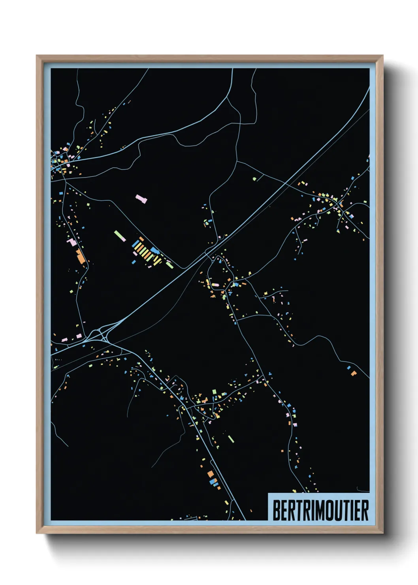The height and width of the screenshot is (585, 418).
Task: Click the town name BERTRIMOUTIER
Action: tap(320, 510)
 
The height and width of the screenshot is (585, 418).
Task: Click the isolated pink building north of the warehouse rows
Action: tap(141, 198)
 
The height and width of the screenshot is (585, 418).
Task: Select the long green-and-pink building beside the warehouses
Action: tap(120, 236)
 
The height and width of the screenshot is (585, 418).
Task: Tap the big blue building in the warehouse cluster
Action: tap(154, 251)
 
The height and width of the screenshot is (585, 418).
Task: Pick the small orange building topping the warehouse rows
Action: tap(141, 239)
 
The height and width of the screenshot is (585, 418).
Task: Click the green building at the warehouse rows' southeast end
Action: tap(169, 265)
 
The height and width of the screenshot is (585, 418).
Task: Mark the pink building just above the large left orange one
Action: tap(72, 242)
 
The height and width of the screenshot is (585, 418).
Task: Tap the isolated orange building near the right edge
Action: tap(353, 373)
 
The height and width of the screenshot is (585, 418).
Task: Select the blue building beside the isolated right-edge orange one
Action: tap(349, 368)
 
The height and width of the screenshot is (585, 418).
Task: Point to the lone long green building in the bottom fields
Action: tap(231, 438)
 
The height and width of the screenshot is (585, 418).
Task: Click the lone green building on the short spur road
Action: tap(254, 179)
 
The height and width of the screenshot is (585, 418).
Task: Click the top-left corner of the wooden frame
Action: tap(37, 56)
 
